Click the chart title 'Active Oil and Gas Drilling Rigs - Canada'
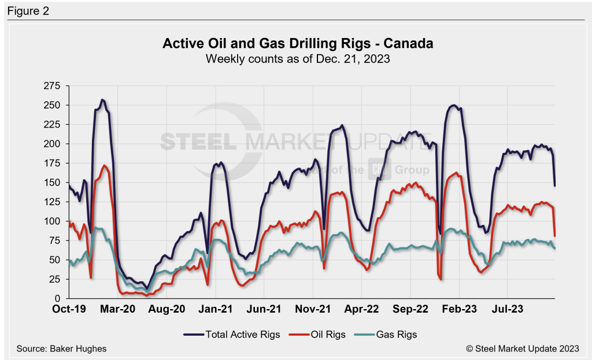click(298, 44)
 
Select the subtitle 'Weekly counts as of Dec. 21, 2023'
click(298, 58)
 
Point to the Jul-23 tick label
click(508, 309)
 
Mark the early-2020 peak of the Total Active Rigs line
click(102, 100)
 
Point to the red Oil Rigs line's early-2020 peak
click(105, 166)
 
